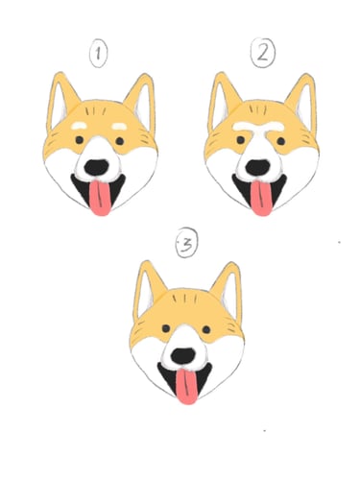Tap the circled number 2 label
[x=263, y=53]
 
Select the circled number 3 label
[x=187, y=243]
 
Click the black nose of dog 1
[x=96, y=167]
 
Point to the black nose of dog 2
[x=258, y=167]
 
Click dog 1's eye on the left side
[x=80, y=140]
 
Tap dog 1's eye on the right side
[x=120, y=141]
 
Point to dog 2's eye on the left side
[x=241, y=140]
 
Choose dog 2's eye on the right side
[x=281, y=141]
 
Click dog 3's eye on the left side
[x=166, y=328]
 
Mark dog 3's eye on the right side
[x=206, y=329]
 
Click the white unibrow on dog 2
[x=258, y=128]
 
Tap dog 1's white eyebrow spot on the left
[x=79, y=126]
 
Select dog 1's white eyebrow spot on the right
[x=119, y=127]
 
